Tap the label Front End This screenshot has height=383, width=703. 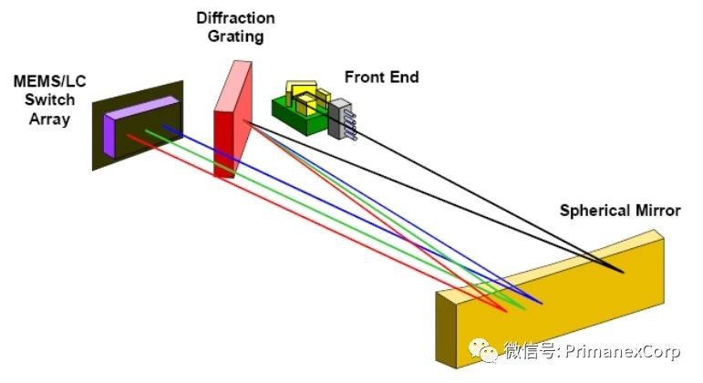[x=381, y=78]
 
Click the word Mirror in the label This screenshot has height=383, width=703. [x=655, y=211]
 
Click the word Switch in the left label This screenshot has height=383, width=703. [x=43, y=101]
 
